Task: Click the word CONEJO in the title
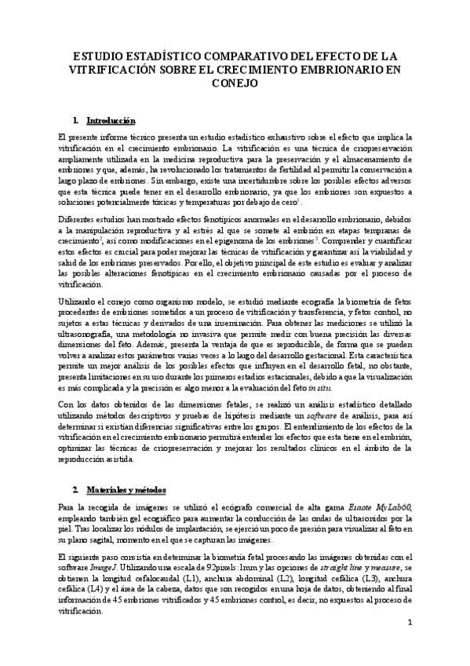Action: (x=235, y=82)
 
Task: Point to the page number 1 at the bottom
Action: (x=409, y=623)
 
